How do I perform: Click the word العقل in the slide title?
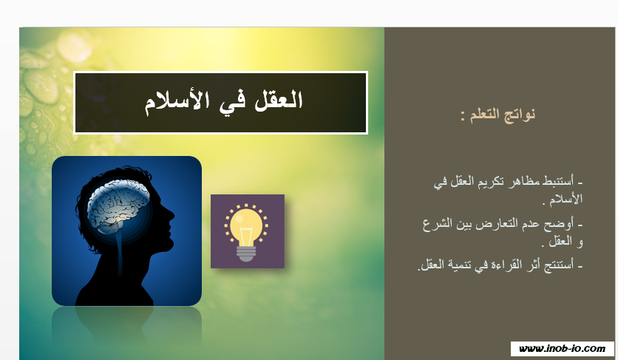(x=278, y=101)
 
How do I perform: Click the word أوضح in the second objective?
(x=559, y=225)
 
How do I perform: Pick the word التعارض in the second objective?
(x=498, y=225)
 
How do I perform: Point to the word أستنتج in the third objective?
(x=559, y=265)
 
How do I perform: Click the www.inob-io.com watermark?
(x=562, y=349)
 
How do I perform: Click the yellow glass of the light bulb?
(x=246, y=225)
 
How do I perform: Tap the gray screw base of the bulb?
(x=246, y=254)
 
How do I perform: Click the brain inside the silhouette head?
(x=118, y=203)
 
